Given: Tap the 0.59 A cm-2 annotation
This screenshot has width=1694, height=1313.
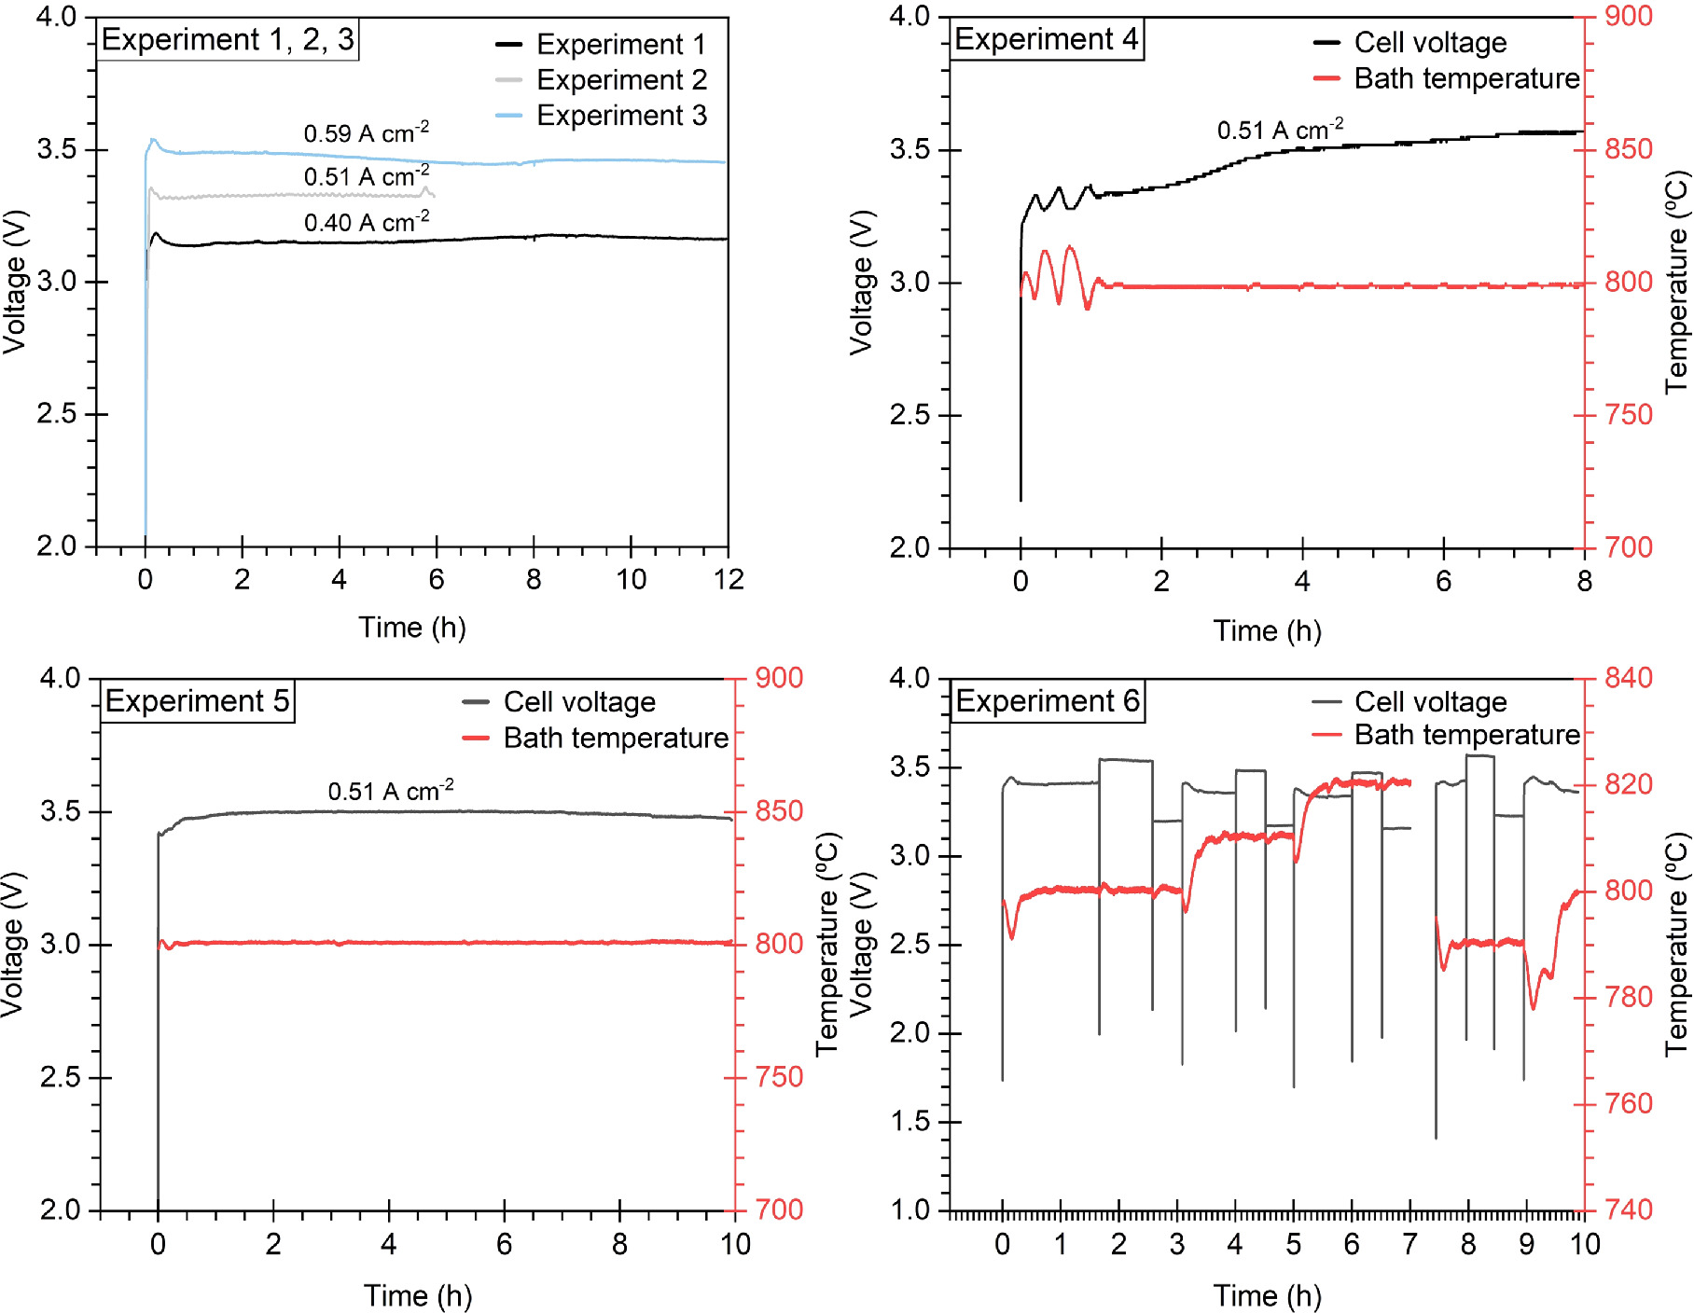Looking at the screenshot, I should pos(366,133).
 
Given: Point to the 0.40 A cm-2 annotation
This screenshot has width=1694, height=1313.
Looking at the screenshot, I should pos(366,222).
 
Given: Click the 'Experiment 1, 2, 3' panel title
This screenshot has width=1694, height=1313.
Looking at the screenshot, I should pos(228,40).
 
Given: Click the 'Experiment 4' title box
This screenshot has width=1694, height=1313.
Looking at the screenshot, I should pos(1046,40).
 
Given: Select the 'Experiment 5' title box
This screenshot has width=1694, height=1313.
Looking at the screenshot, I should pos(197,701).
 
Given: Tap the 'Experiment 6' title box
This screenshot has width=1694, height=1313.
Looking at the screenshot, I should pos(1047,701).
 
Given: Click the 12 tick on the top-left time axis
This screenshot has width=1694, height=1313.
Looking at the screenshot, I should pos(729,580).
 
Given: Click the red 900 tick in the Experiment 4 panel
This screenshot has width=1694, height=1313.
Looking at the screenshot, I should pos(1628,16).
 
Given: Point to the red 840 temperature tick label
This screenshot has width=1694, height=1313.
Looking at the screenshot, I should pos(1628,678).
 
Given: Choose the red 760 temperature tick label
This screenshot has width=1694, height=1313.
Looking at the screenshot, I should pos(1628,1104).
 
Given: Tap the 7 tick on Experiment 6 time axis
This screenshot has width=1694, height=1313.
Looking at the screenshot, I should pos(1409,1244).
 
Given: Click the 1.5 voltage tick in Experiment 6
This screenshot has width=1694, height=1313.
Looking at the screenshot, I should pos(911,1122).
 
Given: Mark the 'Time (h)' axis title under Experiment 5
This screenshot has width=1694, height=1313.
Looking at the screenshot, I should pos(418,1295).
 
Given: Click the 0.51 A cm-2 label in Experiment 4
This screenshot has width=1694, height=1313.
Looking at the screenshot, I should pos(1280,130).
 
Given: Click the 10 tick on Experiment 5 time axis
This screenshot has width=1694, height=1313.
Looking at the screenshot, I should pos(735,1244).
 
